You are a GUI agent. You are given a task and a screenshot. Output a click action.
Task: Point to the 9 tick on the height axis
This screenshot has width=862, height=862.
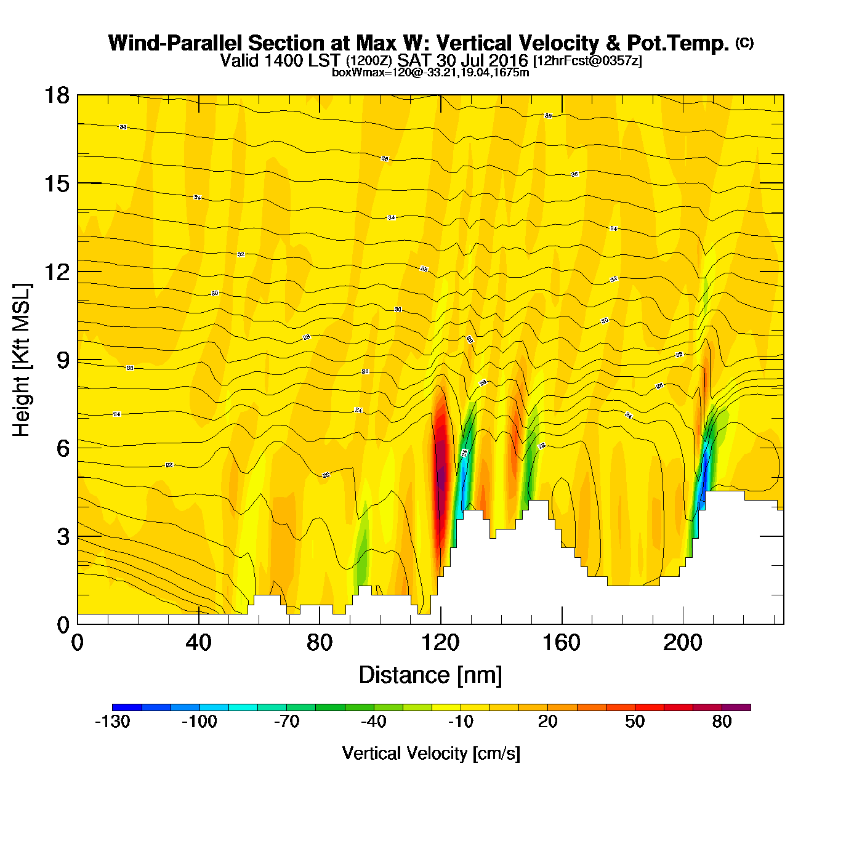[63, 360]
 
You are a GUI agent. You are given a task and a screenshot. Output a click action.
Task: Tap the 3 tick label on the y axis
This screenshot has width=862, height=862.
[63, 537]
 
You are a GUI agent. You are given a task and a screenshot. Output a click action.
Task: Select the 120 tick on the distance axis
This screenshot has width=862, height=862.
[441, 643]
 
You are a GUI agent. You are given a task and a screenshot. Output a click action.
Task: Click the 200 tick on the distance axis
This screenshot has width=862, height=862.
[682, 643]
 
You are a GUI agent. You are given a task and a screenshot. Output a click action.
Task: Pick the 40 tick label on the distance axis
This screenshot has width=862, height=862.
[198, 643]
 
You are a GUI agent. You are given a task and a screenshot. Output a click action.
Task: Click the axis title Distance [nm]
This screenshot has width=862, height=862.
[430, 675]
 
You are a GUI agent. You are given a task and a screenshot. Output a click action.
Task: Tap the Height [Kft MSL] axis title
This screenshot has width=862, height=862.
[22, 360]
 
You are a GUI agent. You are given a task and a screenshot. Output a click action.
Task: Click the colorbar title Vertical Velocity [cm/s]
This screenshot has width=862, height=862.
[431, 753]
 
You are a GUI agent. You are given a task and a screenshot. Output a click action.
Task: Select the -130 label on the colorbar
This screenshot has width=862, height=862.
[113, 722]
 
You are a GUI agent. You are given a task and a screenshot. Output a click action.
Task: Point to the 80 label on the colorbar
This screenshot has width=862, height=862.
[722, 722]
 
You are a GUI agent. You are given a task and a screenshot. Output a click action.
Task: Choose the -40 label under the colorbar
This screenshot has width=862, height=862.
[374, 722]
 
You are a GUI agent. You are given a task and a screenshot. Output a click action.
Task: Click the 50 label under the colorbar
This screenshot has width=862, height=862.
[635, 722]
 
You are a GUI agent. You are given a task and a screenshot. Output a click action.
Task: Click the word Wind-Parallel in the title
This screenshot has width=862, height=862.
[176, 43]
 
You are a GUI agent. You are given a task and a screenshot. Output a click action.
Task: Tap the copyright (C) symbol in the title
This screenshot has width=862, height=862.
[744, 42]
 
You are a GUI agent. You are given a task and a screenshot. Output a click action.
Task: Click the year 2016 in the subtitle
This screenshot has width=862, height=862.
[507, 60]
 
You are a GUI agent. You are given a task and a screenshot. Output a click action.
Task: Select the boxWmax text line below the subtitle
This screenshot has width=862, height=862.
[430, 72]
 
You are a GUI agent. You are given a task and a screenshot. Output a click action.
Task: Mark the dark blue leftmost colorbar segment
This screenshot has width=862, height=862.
[127, 707]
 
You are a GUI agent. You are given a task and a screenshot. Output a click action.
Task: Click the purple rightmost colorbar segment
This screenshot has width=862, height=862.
[736, 707]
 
